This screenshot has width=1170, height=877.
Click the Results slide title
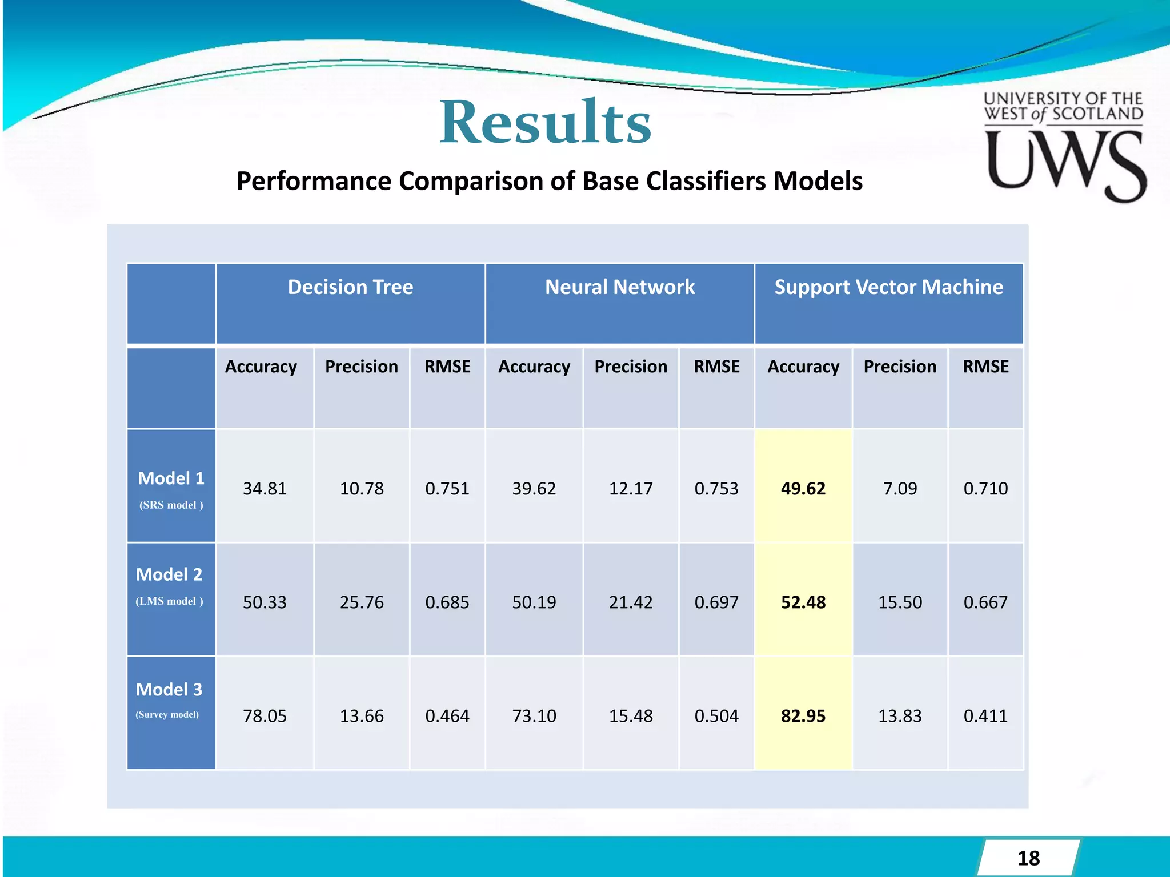545,122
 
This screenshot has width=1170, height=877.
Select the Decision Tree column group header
350,287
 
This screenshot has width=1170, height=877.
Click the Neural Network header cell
620,287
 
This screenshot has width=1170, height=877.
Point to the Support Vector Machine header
888,287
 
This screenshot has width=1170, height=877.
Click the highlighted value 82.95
803,716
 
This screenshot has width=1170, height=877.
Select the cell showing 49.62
803,489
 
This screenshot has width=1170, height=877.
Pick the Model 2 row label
169,574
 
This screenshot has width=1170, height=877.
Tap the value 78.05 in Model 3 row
265,716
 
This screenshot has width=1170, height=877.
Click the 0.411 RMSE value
985,716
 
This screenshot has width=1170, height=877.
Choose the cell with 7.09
900,489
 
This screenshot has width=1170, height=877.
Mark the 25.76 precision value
362,602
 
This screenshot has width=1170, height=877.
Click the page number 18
1028,858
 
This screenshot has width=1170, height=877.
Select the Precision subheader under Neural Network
631,367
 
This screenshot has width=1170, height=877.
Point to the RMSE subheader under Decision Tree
447,367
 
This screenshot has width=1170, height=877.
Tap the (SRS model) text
171,505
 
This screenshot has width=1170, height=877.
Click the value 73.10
534,716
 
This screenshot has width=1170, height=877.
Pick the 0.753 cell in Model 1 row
716,489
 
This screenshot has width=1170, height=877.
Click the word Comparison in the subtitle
471,182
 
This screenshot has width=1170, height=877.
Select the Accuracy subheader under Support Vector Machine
803,367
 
